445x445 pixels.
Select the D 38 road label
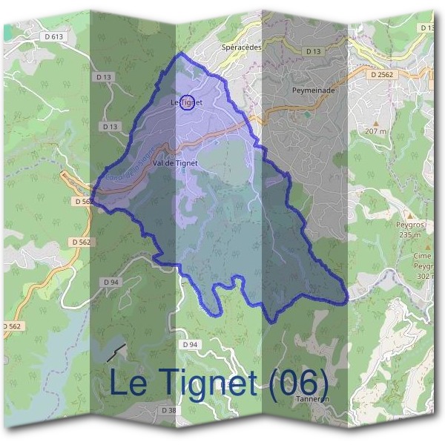[x=170, y=409]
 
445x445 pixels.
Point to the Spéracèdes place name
[x=242, y=45]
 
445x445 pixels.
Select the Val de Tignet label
[x=173, y=162]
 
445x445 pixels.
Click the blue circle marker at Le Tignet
[x=188, y=103]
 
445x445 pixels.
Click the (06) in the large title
[x=297, y=383]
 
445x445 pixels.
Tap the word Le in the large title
[x=131, y=383]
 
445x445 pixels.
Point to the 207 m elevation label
[x=376, y=131]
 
